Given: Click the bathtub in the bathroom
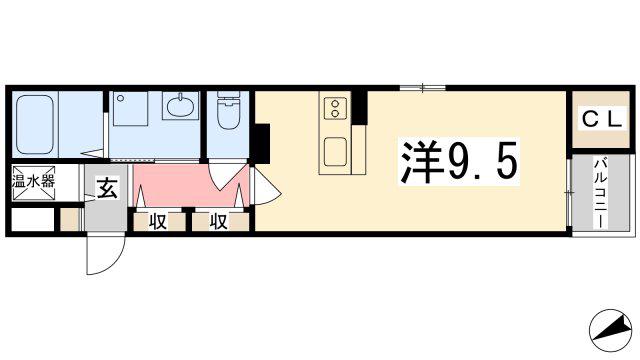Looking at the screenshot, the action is coord(35,124).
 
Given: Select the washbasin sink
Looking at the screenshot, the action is coord(180,105).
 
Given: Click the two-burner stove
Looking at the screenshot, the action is coord(336,108).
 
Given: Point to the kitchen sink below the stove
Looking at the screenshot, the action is coord(336,151).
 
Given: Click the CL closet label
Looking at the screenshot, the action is coord(602,120).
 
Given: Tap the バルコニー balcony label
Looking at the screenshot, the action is coord(600,193).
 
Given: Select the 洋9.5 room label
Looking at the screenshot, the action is coord(459,162).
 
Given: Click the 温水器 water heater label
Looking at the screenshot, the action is coord(33,181).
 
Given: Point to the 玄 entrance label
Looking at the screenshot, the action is coord(107,188).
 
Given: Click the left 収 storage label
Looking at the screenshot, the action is coord(157,222).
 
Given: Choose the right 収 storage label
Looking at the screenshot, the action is coord(218,222).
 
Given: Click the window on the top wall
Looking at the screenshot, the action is coord(422,87).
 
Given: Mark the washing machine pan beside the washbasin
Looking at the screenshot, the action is coord(130,108).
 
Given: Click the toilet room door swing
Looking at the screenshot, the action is coord(223,176).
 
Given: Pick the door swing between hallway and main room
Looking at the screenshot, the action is coord(264,186).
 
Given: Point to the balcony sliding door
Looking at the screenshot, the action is coord(570,193).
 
